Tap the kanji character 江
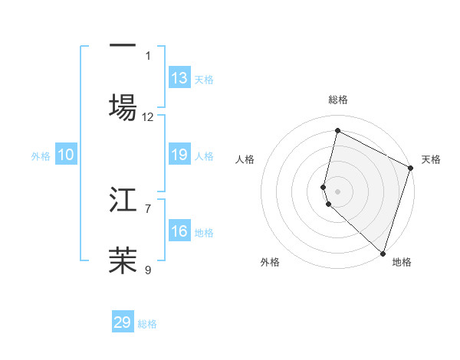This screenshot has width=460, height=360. tap(123, 201)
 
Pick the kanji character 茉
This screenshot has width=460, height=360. tap(123, 260)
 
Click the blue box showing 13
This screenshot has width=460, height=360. tap(179, 78)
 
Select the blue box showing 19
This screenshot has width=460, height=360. tap(179, 155)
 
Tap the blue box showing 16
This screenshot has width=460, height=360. tap(179, 232)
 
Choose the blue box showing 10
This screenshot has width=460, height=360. tap(66, 155)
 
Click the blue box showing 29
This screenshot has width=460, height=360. tap(123, 322)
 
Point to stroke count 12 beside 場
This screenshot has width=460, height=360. tap(148, 117)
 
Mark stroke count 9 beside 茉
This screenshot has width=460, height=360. tap(148, 269)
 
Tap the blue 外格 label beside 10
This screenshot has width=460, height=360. tap(41, 156)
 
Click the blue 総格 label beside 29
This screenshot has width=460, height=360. tap(147, 324)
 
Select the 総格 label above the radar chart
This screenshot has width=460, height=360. tap(337, 100)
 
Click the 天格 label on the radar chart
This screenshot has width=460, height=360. tap(431, 159)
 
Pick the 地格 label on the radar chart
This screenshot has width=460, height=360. tap(402, 262)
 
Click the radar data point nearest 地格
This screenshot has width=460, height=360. tap(382, 253)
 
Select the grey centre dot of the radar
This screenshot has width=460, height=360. tap(337, 191)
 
